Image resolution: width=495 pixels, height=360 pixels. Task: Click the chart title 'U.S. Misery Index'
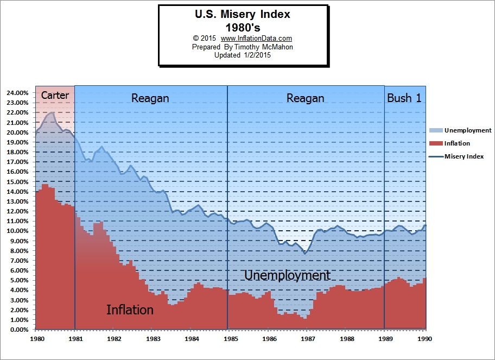point(243,14)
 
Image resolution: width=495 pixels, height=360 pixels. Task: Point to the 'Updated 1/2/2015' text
point(243,55)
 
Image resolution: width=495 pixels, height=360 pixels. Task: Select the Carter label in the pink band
point(55,96)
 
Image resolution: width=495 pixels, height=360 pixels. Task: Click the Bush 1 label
point(404,98)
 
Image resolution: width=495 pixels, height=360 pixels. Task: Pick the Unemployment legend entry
point(467,130)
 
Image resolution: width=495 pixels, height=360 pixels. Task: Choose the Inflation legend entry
point(456,143)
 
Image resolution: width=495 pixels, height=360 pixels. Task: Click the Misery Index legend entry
point(464,156)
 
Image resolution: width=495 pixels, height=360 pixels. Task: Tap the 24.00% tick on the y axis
point(17,93)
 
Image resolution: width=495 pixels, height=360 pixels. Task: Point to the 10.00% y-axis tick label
point(17,231)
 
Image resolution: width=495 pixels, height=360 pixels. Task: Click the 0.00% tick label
point(19,330)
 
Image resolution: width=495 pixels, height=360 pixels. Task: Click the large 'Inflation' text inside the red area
point(130,310)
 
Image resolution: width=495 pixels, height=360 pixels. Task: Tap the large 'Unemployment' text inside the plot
point(287,275)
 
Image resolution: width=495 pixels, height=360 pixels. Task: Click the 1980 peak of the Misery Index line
point(52,113)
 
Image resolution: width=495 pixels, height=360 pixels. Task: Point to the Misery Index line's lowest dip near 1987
point(306,254)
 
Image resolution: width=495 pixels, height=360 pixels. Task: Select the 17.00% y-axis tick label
point(17,162)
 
